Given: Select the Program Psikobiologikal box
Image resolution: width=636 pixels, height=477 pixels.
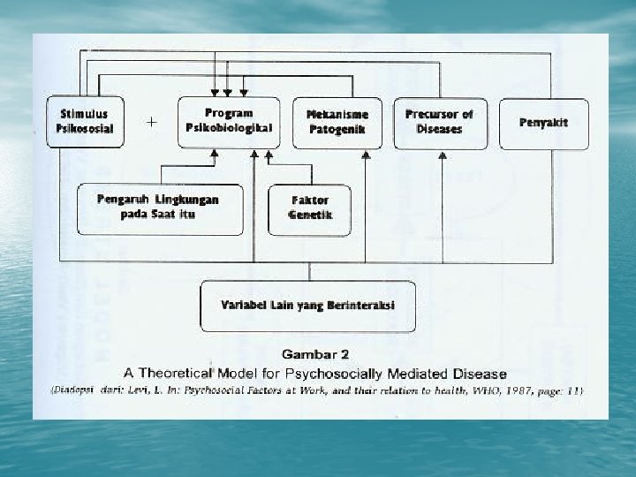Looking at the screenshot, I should coord(229,121).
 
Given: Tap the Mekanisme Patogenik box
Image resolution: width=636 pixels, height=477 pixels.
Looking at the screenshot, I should coord(337,122).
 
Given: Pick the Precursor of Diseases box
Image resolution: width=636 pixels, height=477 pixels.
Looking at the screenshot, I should coord(439,122).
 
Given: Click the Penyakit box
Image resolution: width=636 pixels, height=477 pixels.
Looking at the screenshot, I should coord(543,122).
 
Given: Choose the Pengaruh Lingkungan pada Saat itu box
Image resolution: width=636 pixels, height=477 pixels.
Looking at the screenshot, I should coord(159,208).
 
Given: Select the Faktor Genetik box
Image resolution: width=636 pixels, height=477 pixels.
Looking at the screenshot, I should coord(310,208).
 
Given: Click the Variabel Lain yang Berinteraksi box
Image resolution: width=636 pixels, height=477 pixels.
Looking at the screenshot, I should coord(308,306).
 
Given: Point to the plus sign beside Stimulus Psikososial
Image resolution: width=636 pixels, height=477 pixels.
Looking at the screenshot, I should coord(152,122).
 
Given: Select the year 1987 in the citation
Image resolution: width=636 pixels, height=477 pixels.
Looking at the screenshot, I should coord(514,390).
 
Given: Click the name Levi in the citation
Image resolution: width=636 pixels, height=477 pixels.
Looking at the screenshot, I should coord(160,390).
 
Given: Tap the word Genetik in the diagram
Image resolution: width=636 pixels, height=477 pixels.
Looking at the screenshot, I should coord(310,215).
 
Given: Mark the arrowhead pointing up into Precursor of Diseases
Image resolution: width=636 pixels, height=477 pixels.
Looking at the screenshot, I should coord(443,154).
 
